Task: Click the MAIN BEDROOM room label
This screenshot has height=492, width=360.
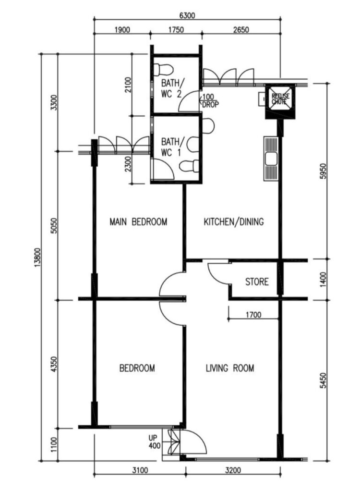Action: [138, 222]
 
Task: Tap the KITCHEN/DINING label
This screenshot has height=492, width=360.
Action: [234, 222]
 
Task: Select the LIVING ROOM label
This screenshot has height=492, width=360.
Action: [230, 368]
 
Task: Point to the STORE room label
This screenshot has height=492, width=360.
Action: [257, 282]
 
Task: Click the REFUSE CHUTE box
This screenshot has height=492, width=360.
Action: [280, 101]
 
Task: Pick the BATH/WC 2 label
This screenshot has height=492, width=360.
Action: [171, 88]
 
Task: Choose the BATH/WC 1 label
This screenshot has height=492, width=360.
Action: [171, 147]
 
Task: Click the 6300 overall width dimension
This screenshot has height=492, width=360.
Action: [187, 15]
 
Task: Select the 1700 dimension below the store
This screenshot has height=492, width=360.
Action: [253, 314]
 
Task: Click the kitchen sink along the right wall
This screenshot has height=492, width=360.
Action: [271, 159]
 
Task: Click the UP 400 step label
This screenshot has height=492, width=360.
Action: [155, 442]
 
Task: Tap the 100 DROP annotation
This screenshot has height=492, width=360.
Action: [209, 101]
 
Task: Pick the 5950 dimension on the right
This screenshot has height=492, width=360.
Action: [324, 171]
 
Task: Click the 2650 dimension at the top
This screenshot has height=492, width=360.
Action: [241, 30]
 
